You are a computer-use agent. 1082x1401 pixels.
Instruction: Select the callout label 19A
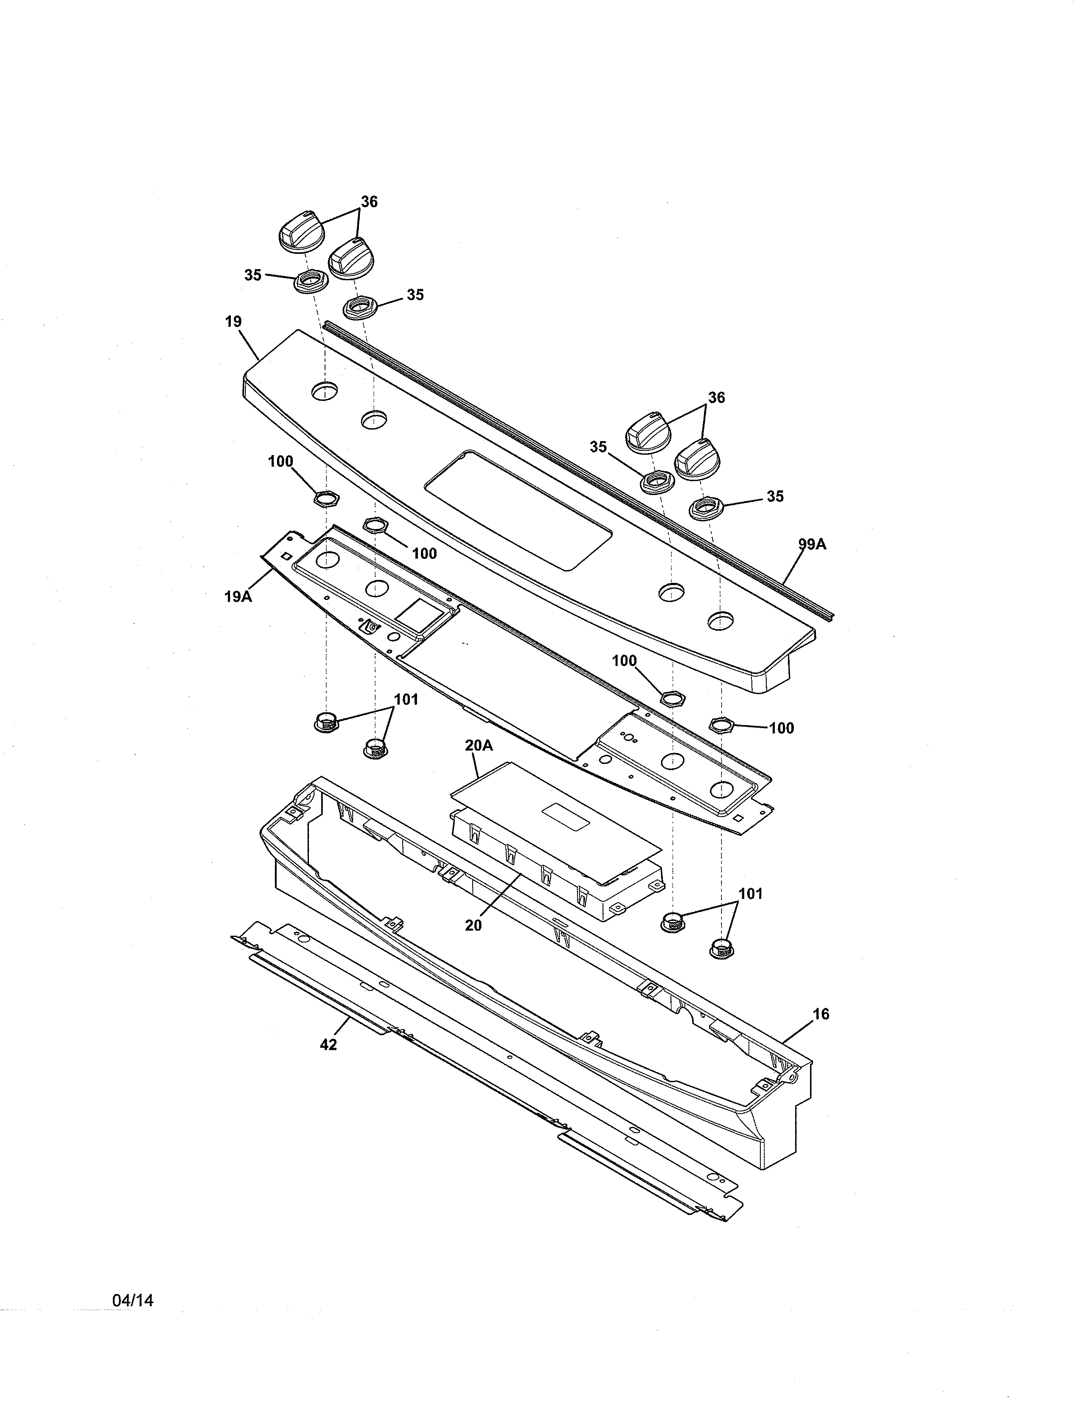[x=238, y=596]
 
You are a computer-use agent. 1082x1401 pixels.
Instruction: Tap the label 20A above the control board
[x=479, y=746]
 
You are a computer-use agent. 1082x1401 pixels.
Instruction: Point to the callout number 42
[x=328, y=1045]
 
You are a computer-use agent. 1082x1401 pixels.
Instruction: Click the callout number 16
[x=821, y=1014]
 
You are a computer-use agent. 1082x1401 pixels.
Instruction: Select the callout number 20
[x=473, y=926]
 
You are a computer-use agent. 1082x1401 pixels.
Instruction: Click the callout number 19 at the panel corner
[x=233, y=321]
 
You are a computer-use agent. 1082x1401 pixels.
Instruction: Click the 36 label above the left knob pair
[x=369, y=201]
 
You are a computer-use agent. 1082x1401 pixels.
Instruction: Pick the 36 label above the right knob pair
[x=717, y=398]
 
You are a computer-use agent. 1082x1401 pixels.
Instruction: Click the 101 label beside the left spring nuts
[x=406, y=699]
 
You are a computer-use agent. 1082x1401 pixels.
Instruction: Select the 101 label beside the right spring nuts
[x=751, y=894]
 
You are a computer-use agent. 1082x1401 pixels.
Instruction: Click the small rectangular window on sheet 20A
[x=566, y=814]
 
